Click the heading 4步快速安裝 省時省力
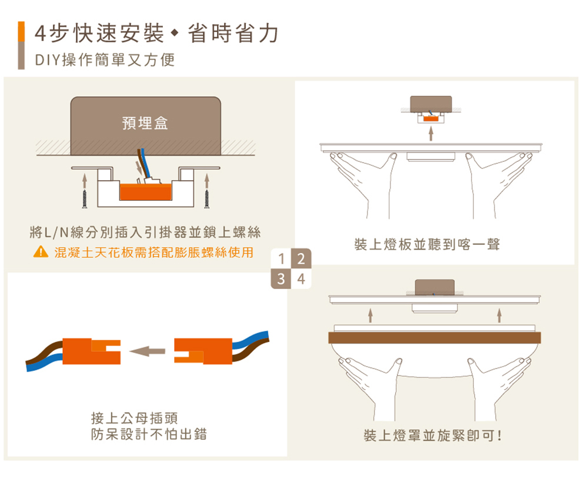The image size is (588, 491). coord(156,34)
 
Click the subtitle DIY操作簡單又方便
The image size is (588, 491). coord(105,61)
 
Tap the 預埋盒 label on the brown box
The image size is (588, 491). coord(145,123)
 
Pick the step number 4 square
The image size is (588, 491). coord(301,278)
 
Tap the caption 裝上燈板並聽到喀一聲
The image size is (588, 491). coord(427,244)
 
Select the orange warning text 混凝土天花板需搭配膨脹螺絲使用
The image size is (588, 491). coord(154,253)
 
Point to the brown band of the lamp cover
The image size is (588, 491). coord(434,337)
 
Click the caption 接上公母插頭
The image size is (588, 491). coord(135,419)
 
